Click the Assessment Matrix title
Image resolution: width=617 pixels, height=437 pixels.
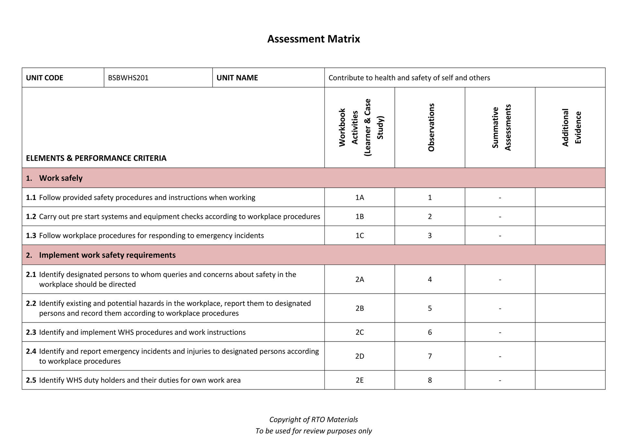point(313,39)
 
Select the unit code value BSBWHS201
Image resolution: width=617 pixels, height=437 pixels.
point(128,78)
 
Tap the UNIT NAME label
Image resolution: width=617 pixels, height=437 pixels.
point(237,78)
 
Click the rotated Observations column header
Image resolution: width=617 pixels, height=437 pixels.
point(431,127)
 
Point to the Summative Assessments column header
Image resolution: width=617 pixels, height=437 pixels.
point(501,127)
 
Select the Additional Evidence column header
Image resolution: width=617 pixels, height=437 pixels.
point(571,127)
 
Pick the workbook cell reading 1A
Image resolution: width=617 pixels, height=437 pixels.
point(360,197)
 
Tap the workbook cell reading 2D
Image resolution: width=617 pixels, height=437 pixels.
point(360,356)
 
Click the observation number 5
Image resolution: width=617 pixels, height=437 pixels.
point(430,308)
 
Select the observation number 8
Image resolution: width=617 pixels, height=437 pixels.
point(430,380)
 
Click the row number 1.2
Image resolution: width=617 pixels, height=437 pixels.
point(31,217)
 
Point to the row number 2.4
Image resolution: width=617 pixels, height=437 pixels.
point(31,351)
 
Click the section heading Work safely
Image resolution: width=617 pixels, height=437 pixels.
point(61,178)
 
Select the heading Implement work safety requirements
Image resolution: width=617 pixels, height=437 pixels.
point(107,255)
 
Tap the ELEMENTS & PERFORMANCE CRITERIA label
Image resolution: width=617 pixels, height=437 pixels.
point(96,158)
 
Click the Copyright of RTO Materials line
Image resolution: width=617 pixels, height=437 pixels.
point(313,419)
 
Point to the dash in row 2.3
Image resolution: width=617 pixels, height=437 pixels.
point(500,332)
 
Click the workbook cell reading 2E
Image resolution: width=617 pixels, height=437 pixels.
point(360,380)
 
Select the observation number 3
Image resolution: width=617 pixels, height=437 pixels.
point(430,236)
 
